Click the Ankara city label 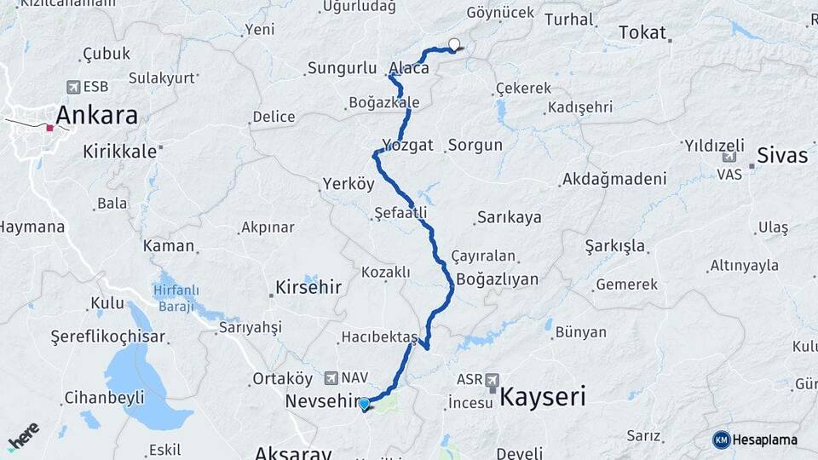97,115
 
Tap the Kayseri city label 543,396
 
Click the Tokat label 642,32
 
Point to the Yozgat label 408,144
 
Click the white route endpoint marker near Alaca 454,45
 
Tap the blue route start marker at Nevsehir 365,404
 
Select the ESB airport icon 73,87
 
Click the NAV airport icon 331,377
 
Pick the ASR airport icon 493,379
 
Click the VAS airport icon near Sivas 729,158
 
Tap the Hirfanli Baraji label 175,297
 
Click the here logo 24,437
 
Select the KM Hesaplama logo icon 722,440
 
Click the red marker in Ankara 50,128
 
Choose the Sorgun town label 475,145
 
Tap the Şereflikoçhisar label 107,336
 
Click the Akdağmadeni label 613,180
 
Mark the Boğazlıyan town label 498,279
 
